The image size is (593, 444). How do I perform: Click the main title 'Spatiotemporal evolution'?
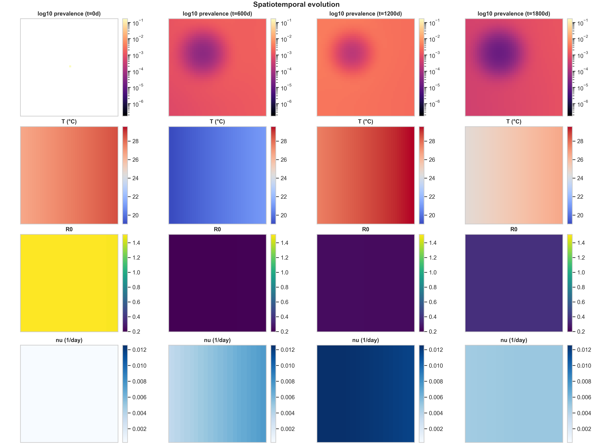click(296, 5)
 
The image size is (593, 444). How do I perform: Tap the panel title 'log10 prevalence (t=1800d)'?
click(514, 14)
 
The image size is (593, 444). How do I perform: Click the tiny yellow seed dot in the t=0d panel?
click(70, 66)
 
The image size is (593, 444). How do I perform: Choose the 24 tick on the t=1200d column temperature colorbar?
click(432, 178)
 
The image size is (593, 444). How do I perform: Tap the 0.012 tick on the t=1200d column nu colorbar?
click(436, 350)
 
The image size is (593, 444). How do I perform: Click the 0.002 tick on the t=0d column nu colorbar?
click(139, 429)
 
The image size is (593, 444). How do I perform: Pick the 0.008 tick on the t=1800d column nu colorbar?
click(584, 381)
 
